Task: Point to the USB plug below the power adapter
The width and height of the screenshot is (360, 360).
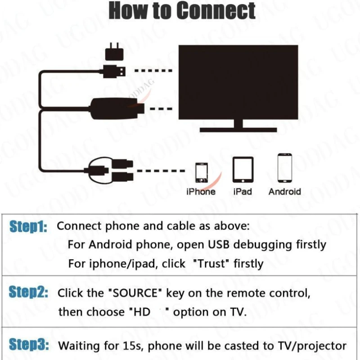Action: click(x=115, y=71)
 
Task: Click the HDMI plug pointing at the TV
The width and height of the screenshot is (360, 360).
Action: click(x=135, y=108)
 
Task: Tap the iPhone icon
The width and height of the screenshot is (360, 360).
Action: click(x=201, y=172)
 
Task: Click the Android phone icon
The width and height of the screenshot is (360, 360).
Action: click(x=285, y=168)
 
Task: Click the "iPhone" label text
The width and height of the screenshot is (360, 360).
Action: click(x=201, y=192)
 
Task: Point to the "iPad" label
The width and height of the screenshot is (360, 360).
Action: click(x=243, y=192)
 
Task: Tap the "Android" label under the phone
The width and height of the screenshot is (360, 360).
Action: click(x=284, y=192)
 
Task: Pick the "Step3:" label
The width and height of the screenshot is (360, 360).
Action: click(x=28, y=346)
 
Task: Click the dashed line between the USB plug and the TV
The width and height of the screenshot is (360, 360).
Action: click(x=153, y=71)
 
